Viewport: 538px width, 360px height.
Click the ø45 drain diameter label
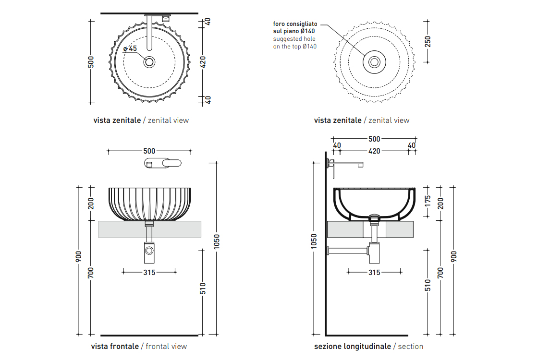click(130, 48)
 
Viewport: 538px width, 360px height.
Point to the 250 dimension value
click(428, 41)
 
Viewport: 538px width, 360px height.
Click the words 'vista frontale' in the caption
click(115, 346)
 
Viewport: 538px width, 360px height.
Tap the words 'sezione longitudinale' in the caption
click(353, 346)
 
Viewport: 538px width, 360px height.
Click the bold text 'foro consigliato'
click(295, 24)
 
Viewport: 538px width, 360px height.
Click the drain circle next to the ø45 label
click(149, 61)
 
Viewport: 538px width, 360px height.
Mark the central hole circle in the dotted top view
click(374, 61)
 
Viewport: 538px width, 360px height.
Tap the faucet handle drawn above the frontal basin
click(163, 163)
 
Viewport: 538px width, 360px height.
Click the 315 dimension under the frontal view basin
click(149, 272)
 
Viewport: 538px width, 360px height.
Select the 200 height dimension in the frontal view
click(91, 204)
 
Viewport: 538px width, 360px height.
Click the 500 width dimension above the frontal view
click(149, 151)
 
